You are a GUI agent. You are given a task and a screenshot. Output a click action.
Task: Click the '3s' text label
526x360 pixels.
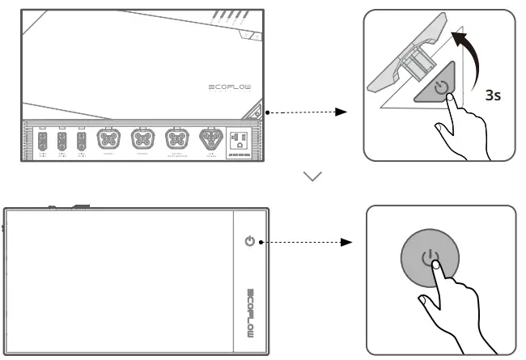click(493, 95)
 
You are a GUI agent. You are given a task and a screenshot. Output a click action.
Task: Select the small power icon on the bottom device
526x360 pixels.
click(249, 241)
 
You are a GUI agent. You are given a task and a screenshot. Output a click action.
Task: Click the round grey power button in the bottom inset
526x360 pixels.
click(431, 260)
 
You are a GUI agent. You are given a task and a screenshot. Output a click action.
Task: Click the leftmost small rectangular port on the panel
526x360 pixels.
click(43, 141)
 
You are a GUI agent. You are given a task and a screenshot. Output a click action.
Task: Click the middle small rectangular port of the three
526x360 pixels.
click(62, 141)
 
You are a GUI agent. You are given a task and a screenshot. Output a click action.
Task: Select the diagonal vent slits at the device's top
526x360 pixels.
click(230, 17)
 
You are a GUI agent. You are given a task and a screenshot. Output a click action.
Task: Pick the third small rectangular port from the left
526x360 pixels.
click(80, 141)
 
